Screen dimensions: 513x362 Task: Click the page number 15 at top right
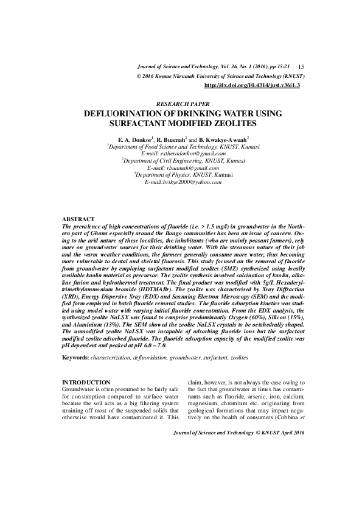pos(302,66)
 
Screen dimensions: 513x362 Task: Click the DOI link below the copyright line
pos(252,86)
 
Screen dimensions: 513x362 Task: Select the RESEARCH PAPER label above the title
pos(181,105)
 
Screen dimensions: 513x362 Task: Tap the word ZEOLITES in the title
pos(231,123)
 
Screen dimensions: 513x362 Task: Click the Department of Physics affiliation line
pos(182,175)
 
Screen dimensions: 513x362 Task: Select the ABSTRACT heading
pos(79,219)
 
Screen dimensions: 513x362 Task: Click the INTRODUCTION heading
pos(86,382)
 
